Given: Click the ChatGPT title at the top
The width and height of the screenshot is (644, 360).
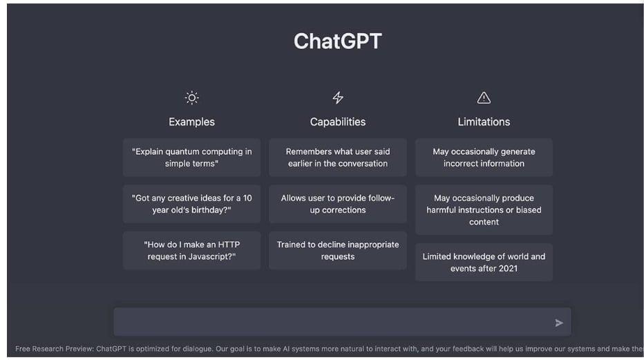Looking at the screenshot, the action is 338,41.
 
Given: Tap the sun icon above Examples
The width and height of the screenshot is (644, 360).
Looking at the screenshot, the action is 192,97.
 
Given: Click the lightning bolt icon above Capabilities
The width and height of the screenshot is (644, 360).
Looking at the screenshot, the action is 338,97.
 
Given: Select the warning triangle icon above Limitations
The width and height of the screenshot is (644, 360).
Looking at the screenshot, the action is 484,97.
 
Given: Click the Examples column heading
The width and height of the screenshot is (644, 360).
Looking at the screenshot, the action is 192,122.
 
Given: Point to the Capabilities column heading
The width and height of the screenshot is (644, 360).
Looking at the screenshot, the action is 338,122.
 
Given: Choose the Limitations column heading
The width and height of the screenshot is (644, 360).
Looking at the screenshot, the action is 484,122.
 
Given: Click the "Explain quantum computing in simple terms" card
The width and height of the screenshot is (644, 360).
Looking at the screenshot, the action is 192,158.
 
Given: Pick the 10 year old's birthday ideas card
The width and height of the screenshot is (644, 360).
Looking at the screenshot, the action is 192,204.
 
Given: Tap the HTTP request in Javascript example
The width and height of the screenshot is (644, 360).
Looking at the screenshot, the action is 192,250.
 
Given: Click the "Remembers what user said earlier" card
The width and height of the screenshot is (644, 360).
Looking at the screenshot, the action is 338,158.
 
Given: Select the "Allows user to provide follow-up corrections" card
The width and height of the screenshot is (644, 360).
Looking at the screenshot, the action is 338,204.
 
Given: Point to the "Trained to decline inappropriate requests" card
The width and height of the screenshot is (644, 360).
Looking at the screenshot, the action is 338,250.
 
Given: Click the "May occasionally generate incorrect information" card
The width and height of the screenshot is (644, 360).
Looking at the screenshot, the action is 484,158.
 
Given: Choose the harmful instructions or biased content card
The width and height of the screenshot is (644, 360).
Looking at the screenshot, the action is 484,210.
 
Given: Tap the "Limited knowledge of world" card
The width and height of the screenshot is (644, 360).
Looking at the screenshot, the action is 484,263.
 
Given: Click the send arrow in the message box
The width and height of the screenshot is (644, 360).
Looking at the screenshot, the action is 559,323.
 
